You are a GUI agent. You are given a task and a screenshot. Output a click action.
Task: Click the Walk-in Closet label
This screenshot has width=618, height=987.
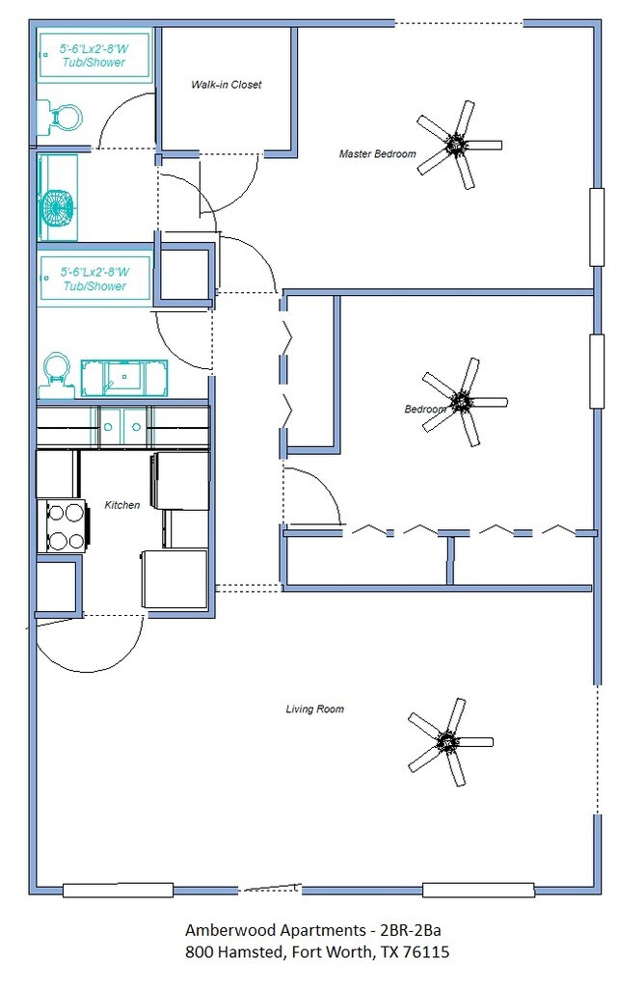[226, 85]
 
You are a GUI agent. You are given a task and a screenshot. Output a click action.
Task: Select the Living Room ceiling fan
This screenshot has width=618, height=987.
[448, 741]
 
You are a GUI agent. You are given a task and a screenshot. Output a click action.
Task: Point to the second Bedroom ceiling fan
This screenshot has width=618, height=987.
[463, 402]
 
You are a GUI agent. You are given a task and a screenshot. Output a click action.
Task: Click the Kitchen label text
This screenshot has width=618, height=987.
[122, 505]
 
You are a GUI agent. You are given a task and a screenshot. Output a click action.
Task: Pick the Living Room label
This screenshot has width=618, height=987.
[314, 708]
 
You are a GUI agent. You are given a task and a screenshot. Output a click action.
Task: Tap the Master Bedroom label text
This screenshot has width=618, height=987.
[378, 153]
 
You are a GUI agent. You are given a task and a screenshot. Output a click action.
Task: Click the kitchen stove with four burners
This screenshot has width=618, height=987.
[62, 525]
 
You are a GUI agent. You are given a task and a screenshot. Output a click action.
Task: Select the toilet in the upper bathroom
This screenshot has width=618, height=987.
[60, 118]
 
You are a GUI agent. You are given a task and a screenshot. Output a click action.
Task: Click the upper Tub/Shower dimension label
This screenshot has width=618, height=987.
[94, 55]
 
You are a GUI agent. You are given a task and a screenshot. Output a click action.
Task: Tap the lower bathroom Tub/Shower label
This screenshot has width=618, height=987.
[95, 279]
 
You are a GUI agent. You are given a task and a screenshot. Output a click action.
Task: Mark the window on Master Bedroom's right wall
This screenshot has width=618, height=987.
[597, 227]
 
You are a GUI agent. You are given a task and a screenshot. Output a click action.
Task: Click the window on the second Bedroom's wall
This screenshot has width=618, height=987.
[597, 371]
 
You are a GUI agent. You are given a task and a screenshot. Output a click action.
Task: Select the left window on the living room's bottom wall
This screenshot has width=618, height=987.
[118, 890]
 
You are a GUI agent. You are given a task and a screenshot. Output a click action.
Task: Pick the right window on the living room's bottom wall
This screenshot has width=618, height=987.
[478, 890]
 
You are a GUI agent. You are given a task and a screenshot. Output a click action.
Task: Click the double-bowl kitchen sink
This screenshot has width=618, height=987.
[123, 427]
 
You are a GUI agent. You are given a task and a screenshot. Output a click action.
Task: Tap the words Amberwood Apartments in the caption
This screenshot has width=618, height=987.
[275, 930]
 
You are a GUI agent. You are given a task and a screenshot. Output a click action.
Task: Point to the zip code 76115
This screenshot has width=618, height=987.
[427, 951]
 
